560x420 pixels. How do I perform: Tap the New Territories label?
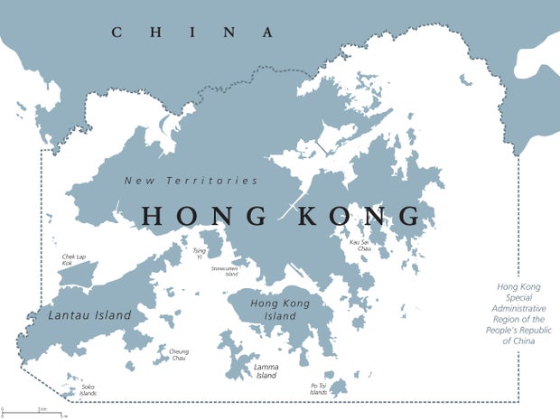coord(191,181)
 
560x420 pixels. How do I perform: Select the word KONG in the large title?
coord(361,216)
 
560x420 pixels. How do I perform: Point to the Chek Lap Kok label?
coord(73,260)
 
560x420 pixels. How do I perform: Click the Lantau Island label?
coord(89,315)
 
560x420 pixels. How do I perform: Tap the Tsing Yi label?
coord(199,254)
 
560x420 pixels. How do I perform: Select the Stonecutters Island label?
coord(224,271)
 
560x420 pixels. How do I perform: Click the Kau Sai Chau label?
coord(360,244)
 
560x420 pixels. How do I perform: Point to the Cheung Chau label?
coord(179,354)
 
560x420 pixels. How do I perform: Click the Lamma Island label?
coord(266,371)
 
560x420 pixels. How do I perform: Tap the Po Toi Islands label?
coord(318,389)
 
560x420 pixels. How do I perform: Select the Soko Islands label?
coord(88,390)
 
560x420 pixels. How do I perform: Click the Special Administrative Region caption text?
coord(519,313)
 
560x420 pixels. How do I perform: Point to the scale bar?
coord(32,411)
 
